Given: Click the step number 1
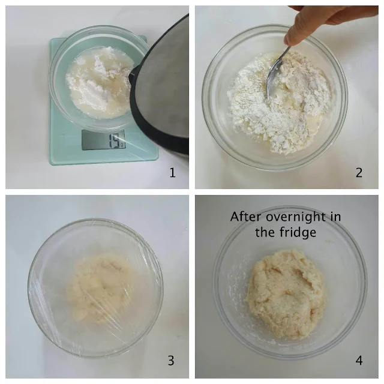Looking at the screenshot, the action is point(172,173).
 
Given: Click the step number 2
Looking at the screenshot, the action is point(359,173).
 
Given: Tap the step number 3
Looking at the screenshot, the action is point(171,361).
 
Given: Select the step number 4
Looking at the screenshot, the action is point(359,361).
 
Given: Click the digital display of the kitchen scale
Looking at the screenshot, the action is point(103,140).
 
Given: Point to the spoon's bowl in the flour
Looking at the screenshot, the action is point(271,83).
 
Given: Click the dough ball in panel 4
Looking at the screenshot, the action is point(286,293).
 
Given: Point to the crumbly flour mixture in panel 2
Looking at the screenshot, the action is point(279,103).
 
